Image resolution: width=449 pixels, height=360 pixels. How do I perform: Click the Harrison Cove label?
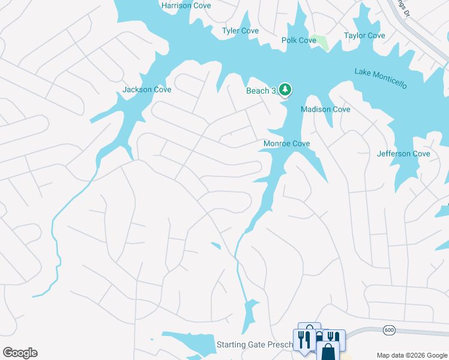186,5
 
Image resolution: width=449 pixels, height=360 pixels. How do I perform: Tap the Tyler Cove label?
240,31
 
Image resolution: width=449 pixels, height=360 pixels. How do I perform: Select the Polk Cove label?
299,40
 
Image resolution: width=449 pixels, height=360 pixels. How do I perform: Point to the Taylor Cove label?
364,35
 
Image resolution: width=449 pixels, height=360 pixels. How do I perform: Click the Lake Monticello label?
381,79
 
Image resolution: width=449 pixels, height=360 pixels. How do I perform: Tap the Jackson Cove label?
147,89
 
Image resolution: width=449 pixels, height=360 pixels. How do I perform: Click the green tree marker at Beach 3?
286,90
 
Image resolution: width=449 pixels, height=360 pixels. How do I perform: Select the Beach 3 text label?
261,91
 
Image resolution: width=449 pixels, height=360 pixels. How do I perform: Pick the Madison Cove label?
325,109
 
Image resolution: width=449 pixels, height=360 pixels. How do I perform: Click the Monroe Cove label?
287,143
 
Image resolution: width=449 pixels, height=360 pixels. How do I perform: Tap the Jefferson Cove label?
403,154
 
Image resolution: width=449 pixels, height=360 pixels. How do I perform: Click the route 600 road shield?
390,331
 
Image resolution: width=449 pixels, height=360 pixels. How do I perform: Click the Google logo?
20,353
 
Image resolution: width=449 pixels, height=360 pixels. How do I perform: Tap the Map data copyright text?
412,355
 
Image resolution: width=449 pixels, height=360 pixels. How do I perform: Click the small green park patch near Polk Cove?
322,43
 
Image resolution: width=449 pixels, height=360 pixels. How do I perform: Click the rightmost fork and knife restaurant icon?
333,338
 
